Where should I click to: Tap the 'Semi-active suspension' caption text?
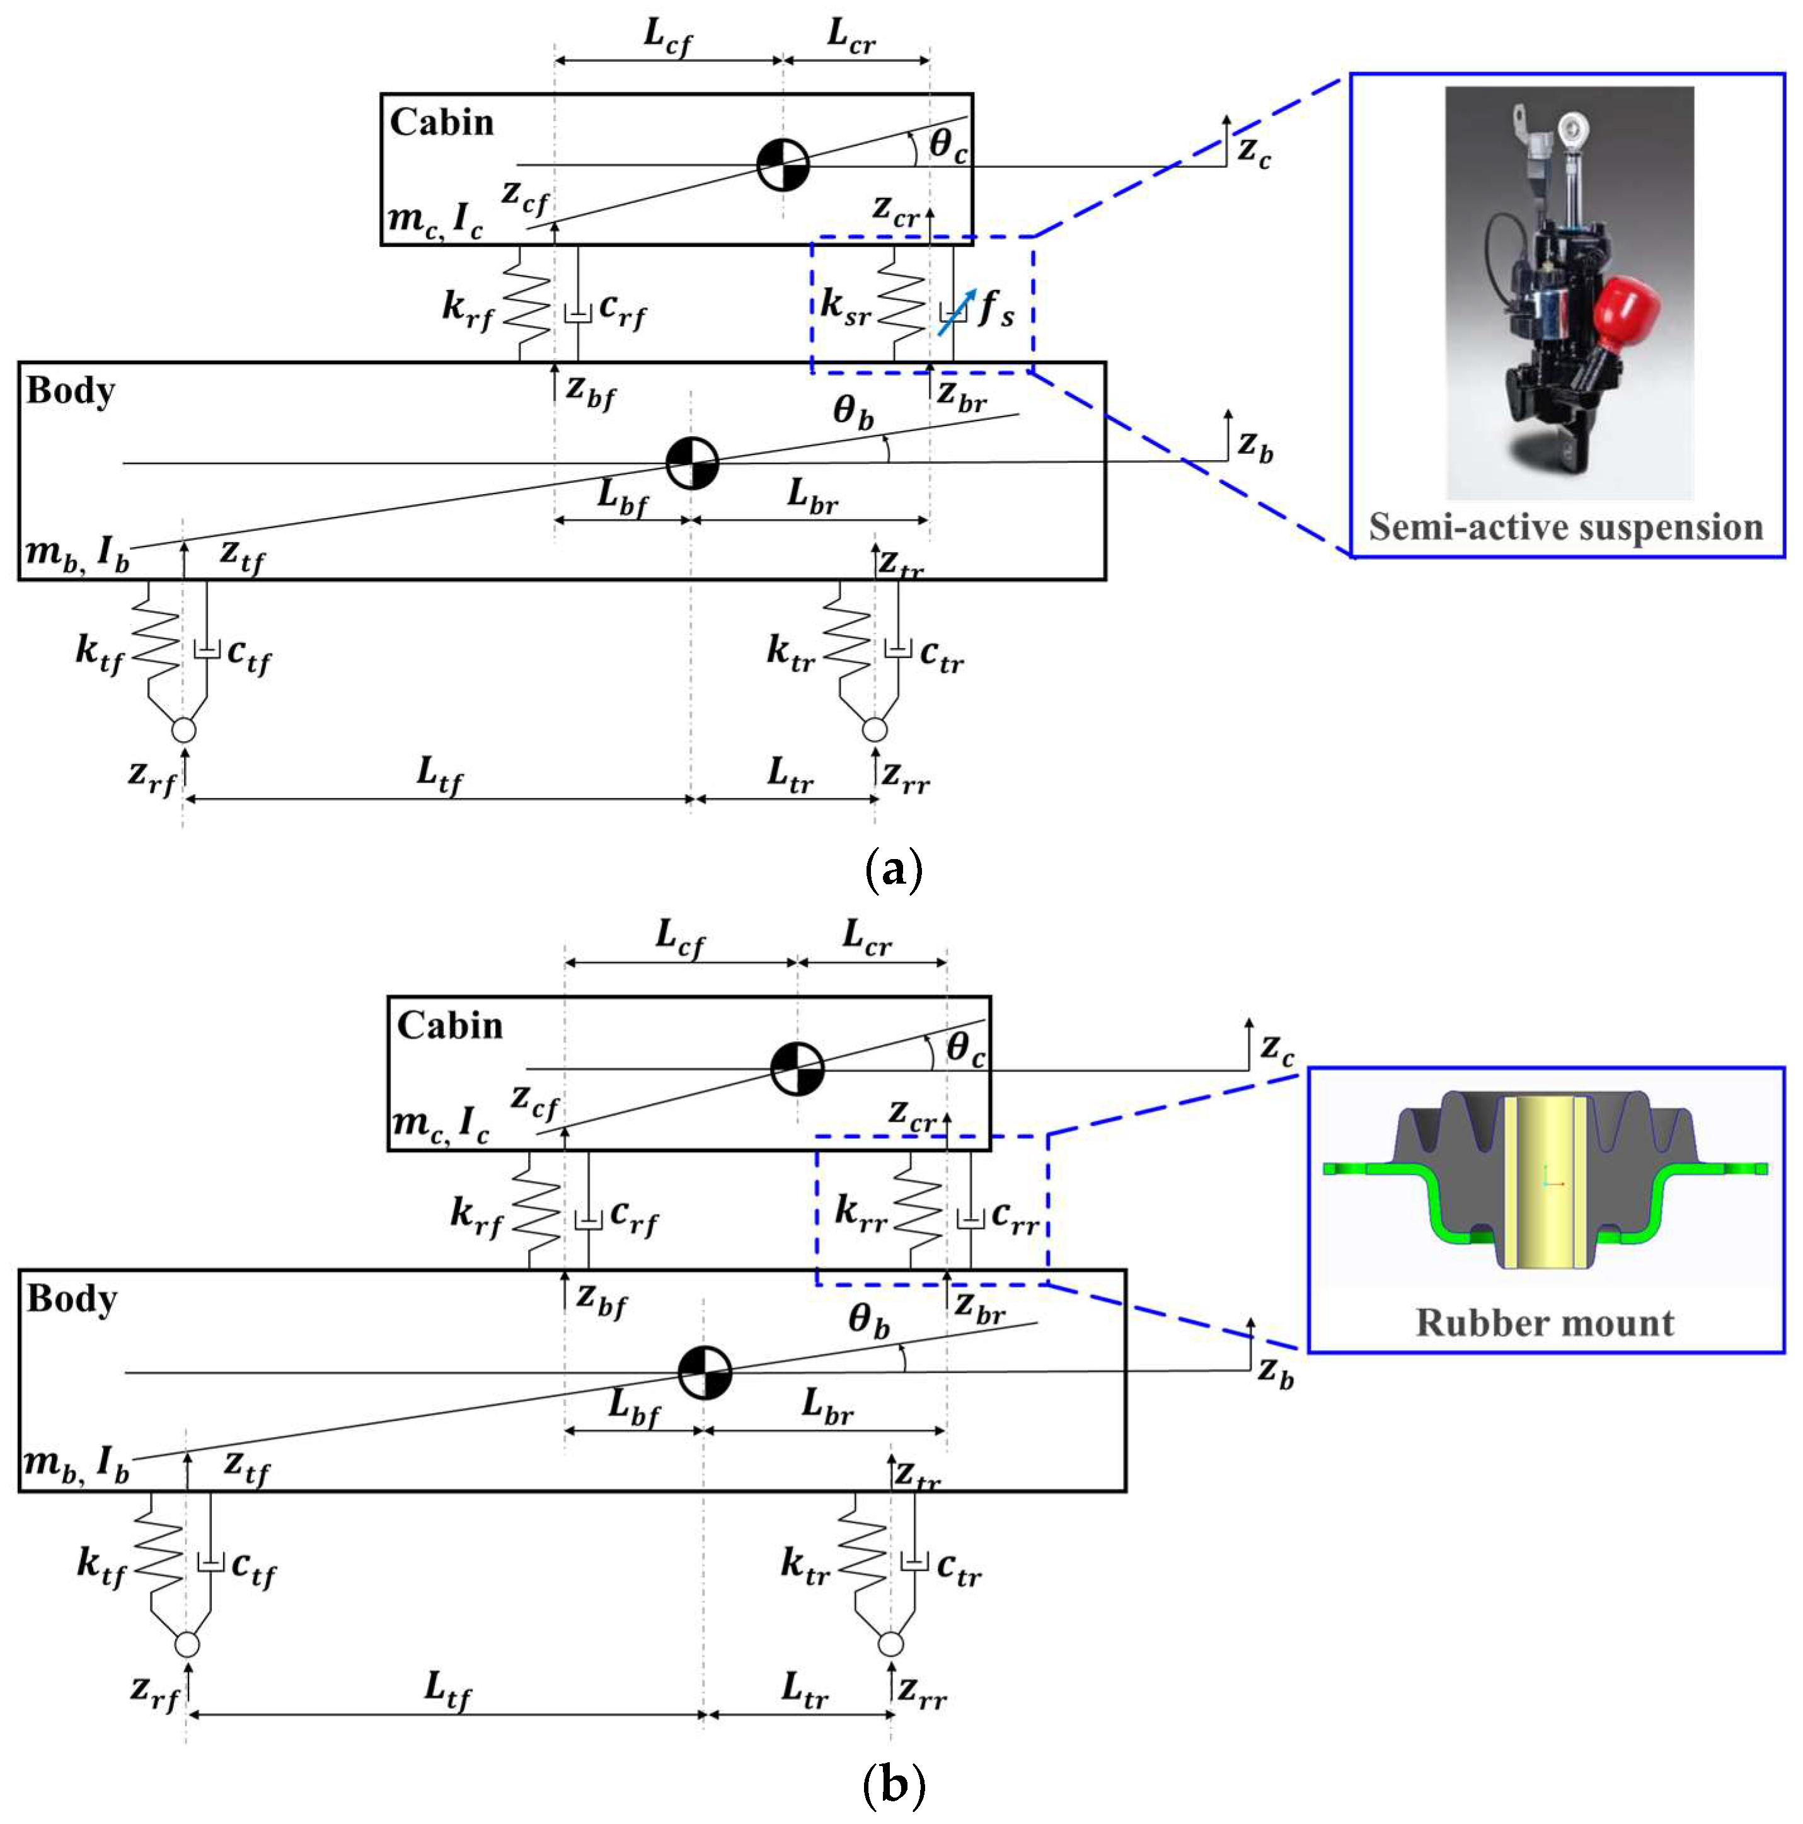(x=1566, y=527)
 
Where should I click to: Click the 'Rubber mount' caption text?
(x=1545, y=1323)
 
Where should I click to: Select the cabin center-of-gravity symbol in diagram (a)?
(x=783, y=165)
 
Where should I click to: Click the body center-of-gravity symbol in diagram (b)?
(x=704, y=1371)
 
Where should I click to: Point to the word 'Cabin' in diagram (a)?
(x=441, y=123)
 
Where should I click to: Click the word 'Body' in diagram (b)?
(x=72, y=1299)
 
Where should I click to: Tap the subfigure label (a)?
(x=893, y=870)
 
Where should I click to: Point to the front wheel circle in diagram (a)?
(x=183, y=730)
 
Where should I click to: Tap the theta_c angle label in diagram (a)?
(x=947, y=146)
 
